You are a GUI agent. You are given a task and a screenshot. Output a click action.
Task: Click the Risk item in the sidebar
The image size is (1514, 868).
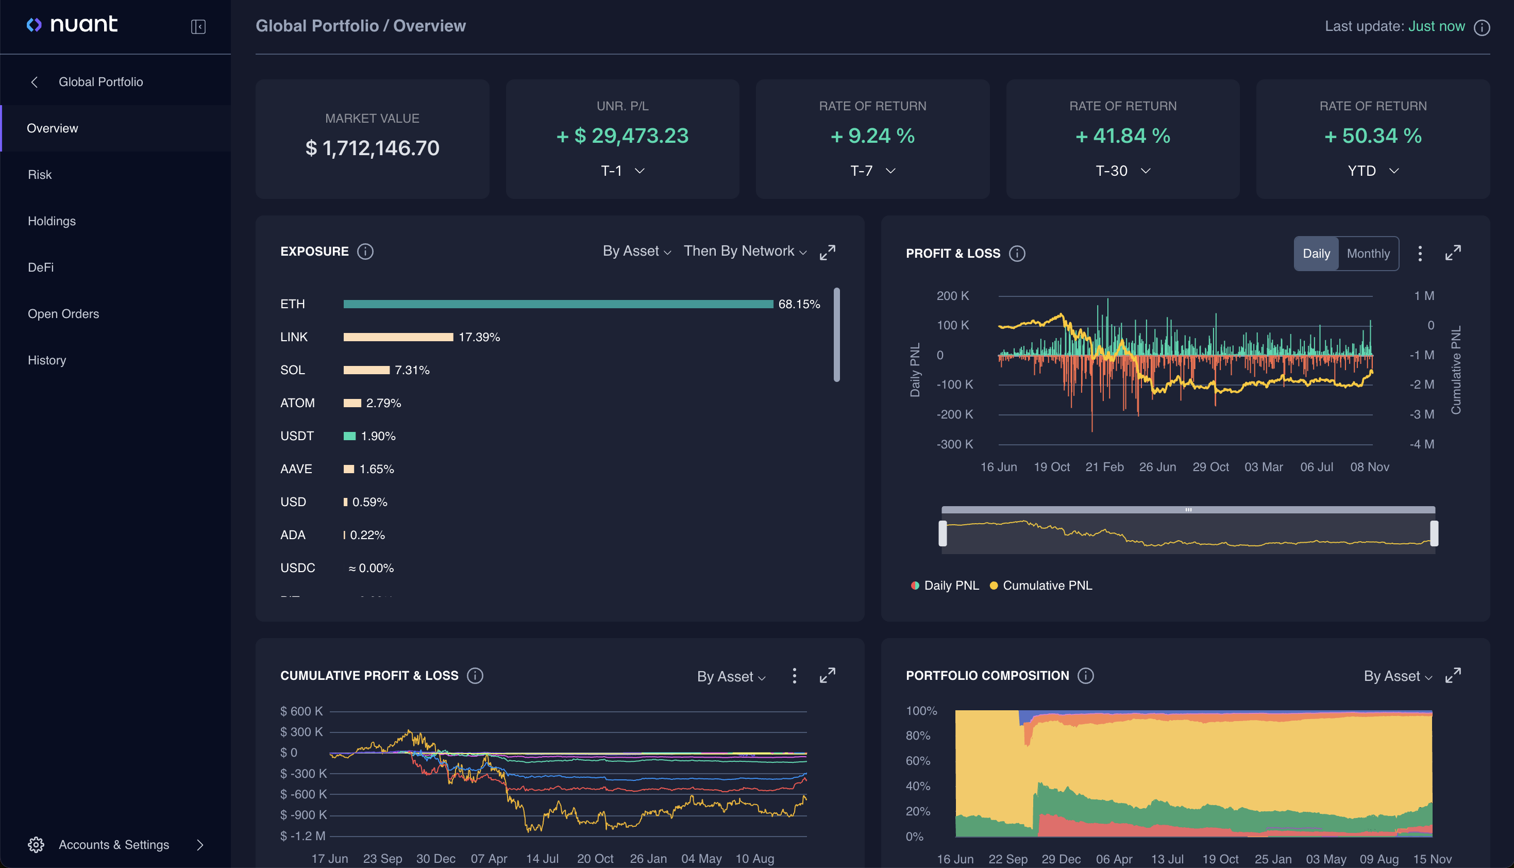coord(40,175)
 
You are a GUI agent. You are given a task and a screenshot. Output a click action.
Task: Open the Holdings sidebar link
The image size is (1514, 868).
coord(52,221)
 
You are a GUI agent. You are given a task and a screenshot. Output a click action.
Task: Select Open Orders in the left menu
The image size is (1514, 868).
coord(63,313)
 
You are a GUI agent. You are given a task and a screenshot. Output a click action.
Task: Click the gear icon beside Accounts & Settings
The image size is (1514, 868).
coord(36,845)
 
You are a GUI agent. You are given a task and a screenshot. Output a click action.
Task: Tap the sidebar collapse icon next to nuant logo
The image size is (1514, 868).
coord(198,27)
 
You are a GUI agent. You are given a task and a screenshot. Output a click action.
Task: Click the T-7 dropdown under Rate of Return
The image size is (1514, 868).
coord(872,171)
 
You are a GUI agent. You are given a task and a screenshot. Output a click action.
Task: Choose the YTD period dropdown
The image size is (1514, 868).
coord(1373,171)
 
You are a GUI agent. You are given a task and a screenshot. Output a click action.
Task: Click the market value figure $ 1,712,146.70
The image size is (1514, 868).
coord(373,148)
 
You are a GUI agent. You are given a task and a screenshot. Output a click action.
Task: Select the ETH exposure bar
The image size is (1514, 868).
coord(558,304)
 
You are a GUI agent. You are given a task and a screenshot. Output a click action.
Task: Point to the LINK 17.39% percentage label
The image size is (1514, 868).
coord(479,338)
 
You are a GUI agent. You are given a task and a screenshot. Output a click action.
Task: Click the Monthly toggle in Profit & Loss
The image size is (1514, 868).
coord(1368,254)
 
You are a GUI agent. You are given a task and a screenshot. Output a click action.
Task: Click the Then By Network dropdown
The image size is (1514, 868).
coord(745,251)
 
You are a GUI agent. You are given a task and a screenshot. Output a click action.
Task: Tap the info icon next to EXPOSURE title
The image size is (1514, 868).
coord(365,252)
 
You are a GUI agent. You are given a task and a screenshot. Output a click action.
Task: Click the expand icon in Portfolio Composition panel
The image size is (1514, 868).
coord(1453,675)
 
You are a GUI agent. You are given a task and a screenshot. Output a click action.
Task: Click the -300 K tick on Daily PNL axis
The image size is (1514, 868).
coord(954,444)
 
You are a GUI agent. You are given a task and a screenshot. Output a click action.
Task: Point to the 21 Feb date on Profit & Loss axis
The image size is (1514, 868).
coord(1104,467)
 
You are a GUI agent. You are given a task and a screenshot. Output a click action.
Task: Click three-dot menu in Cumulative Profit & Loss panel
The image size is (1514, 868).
coord(794,675)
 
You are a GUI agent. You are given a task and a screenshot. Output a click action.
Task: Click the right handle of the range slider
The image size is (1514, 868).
coord(1434,533)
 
